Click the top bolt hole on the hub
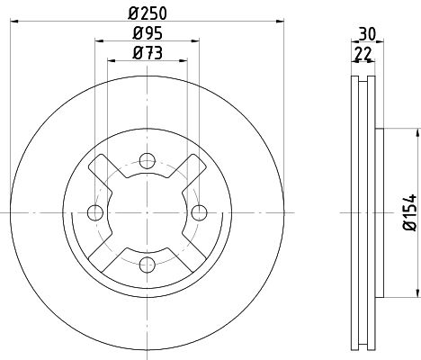coord(146,161)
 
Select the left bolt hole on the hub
coord(94,212)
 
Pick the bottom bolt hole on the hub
coord(146,264)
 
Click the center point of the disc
coord(146,212)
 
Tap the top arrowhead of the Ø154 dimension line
coord(417,131)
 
